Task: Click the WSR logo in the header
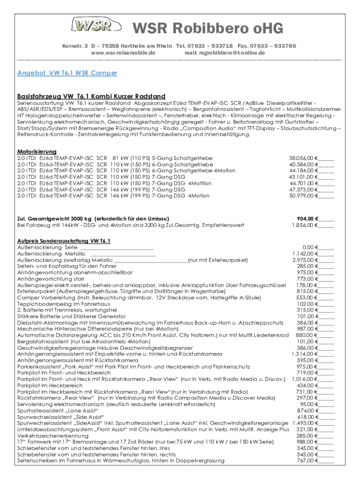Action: coord(91,26)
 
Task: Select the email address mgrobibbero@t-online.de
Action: coord(225,53)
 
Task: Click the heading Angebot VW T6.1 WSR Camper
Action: coord(67,73)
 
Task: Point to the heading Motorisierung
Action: coord(37,152)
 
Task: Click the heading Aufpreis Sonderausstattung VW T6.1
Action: coord(64,241)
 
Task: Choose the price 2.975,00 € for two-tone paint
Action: coord(306,260)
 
